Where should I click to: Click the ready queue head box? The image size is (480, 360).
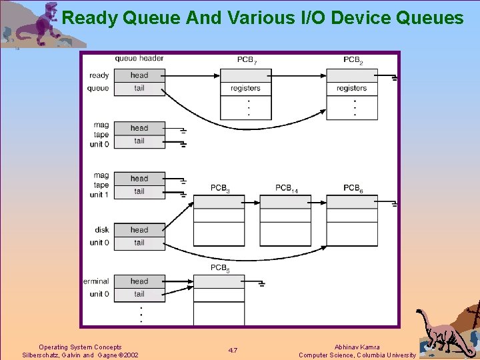(x=139, y=75)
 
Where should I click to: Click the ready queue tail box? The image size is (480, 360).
(x=139, y=89)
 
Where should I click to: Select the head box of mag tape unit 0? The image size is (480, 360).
(x=139, y=128)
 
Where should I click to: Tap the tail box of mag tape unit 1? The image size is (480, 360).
(x=139, y=191)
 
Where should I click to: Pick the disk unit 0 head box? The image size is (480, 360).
(x=139, y=230)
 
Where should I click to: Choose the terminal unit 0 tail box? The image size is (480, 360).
(x=139, y=294)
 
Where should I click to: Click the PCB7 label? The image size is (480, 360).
(x=246, y=60)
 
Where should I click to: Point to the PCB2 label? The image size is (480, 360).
(x=353, y=60)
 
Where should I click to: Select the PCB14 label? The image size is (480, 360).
(x=286, y=189)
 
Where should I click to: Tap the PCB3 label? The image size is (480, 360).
(x=220, y=189)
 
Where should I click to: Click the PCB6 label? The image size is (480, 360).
(x=353, y=189)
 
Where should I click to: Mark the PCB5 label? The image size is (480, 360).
(x=220, y=268)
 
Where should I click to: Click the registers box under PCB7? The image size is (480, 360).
(x=245, y=88)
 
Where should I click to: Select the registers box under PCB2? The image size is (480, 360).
(x=351, y=88)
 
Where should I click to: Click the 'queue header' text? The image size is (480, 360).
(x=139, y=59)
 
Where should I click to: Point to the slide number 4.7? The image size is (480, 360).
(x=233, y=351)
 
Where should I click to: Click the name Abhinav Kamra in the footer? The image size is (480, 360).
(x=357, y=347)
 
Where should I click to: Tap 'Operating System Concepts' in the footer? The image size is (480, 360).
(x=80, y=347)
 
